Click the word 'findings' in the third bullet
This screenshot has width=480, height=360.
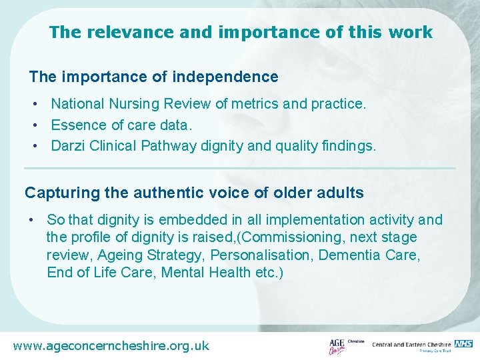click(348, 146)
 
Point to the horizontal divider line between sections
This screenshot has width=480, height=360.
click(240, 168)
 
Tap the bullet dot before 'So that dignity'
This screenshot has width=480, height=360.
click(31, 220)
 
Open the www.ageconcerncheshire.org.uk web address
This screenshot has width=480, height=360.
click(111, 345)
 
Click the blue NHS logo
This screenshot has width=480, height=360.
click(463, 343)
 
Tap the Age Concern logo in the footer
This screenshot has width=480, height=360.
click(339, 346)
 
